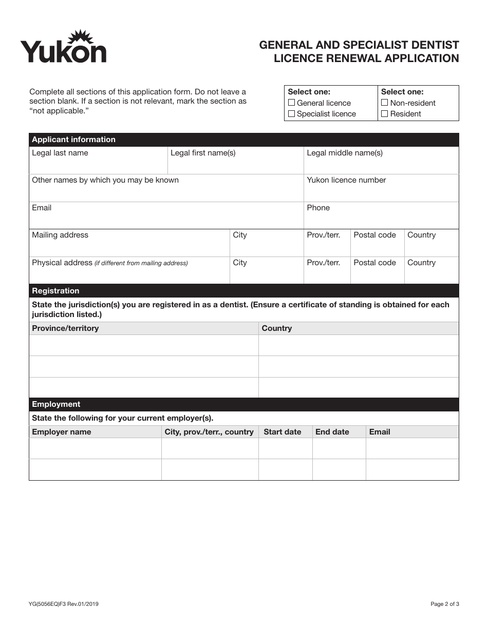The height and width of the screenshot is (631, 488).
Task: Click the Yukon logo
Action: pos(63,48)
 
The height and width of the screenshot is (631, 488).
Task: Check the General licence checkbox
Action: pos(292,103)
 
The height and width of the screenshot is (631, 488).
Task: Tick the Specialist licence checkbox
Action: pos(292,114)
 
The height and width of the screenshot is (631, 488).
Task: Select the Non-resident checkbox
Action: pos(385,103)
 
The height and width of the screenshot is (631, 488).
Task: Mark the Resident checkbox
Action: pos(385,114)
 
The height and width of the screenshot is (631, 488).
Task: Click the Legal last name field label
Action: pos(60,153)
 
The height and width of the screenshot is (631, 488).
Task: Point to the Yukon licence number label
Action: pos(346,180)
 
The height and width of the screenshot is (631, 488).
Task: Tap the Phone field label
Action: pos(318,208)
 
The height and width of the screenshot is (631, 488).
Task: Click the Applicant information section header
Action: pos(73,140)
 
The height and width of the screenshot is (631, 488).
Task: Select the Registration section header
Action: pos(55,291)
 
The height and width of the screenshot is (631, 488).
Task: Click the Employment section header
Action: pos(56,404)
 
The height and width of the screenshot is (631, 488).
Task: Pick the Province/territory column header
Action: pos(65,328)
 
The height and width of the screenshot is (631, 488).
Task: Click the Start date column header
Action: pos(282,432)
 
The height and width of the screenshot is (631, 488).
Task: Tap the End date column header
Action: pos(332,432)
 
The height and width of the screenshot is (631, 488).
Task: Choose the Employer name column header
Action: pos(61,432)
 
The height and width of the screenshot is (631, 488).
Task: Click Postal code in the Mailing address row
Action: pos(374,235)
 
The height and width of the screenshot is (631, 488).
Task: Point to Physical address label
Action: pos(62,263)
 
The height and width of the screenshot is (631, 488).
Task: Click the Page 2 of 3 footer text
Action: pos(444,604)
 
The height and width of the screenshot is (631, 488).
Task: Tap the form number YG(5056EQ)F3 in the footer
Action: pos(64,604)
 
